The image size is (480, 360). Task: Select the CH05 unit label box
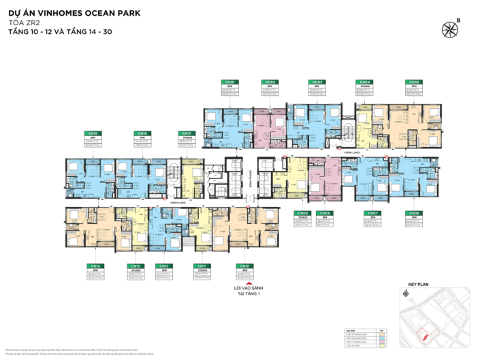coord(412,82)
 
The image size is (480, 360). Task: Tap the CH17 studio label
coord(186,134)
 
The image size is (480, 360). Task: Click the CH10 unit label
coord(243,266)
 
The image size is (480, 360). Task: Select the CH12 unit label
coord(163,266)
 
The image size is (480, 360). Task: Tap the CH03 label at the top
coord(317,82)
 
